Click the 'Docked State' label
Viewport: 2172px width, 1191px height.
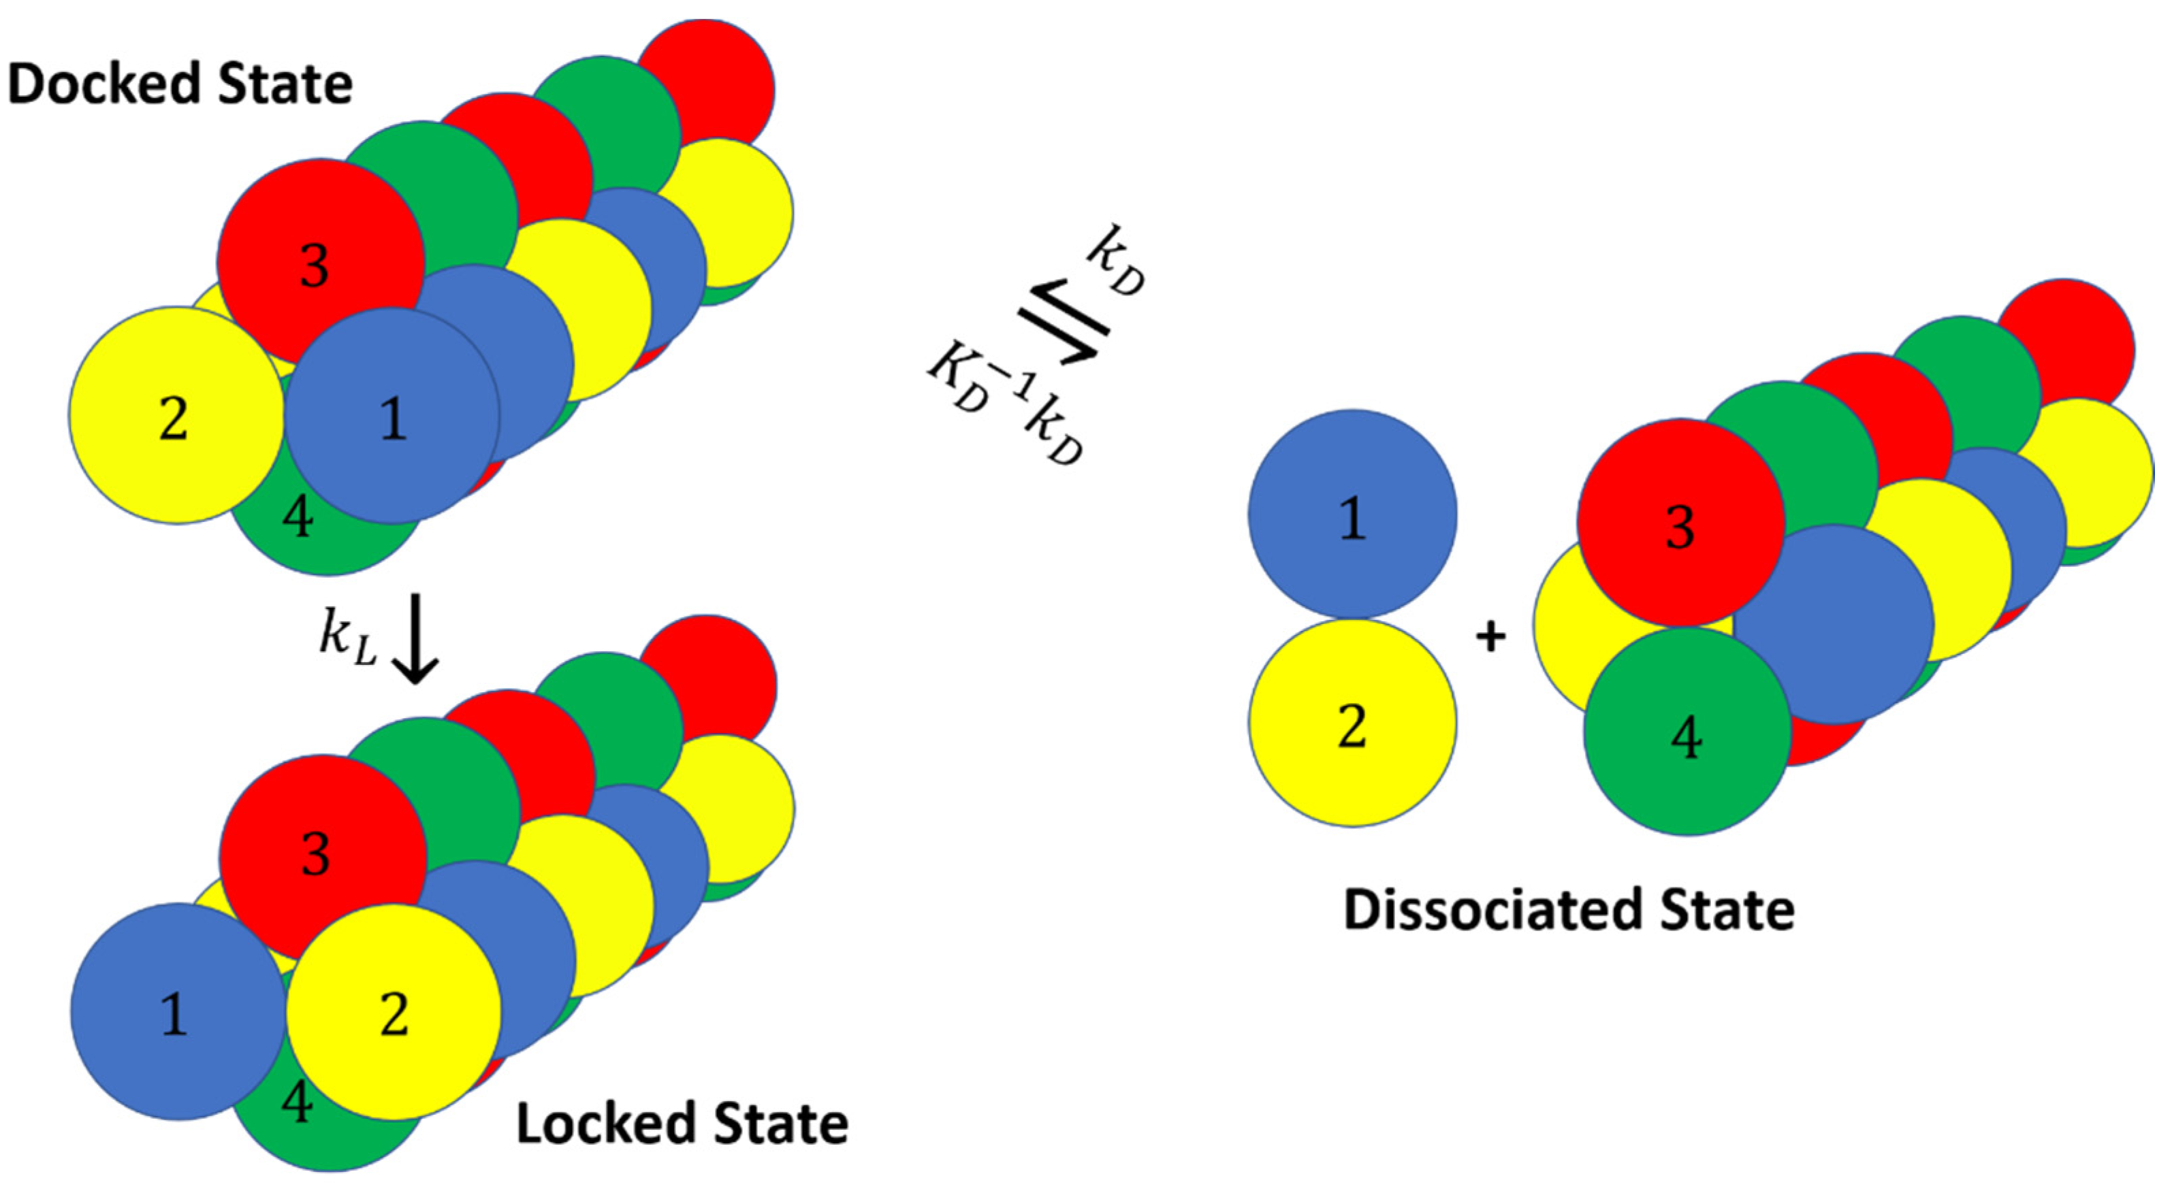click(x=180, y=84)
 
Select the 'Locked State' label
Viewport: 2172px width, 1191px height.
click(x=682, y=1124)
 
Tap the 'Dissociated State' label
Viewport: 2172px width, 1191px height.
click(x=1568, y=911)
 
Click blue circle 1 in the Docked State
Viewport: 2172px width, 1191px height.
click(x=392, y=417)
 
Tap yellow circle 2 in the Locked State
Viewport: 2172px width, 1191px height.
click(x=394, y=1011)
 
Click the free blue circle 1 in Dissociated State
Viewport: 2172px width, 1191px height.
click(x=1352, y=514)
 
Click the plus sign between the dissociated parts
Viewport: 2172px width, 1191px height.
click(x=1490, y=636)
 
